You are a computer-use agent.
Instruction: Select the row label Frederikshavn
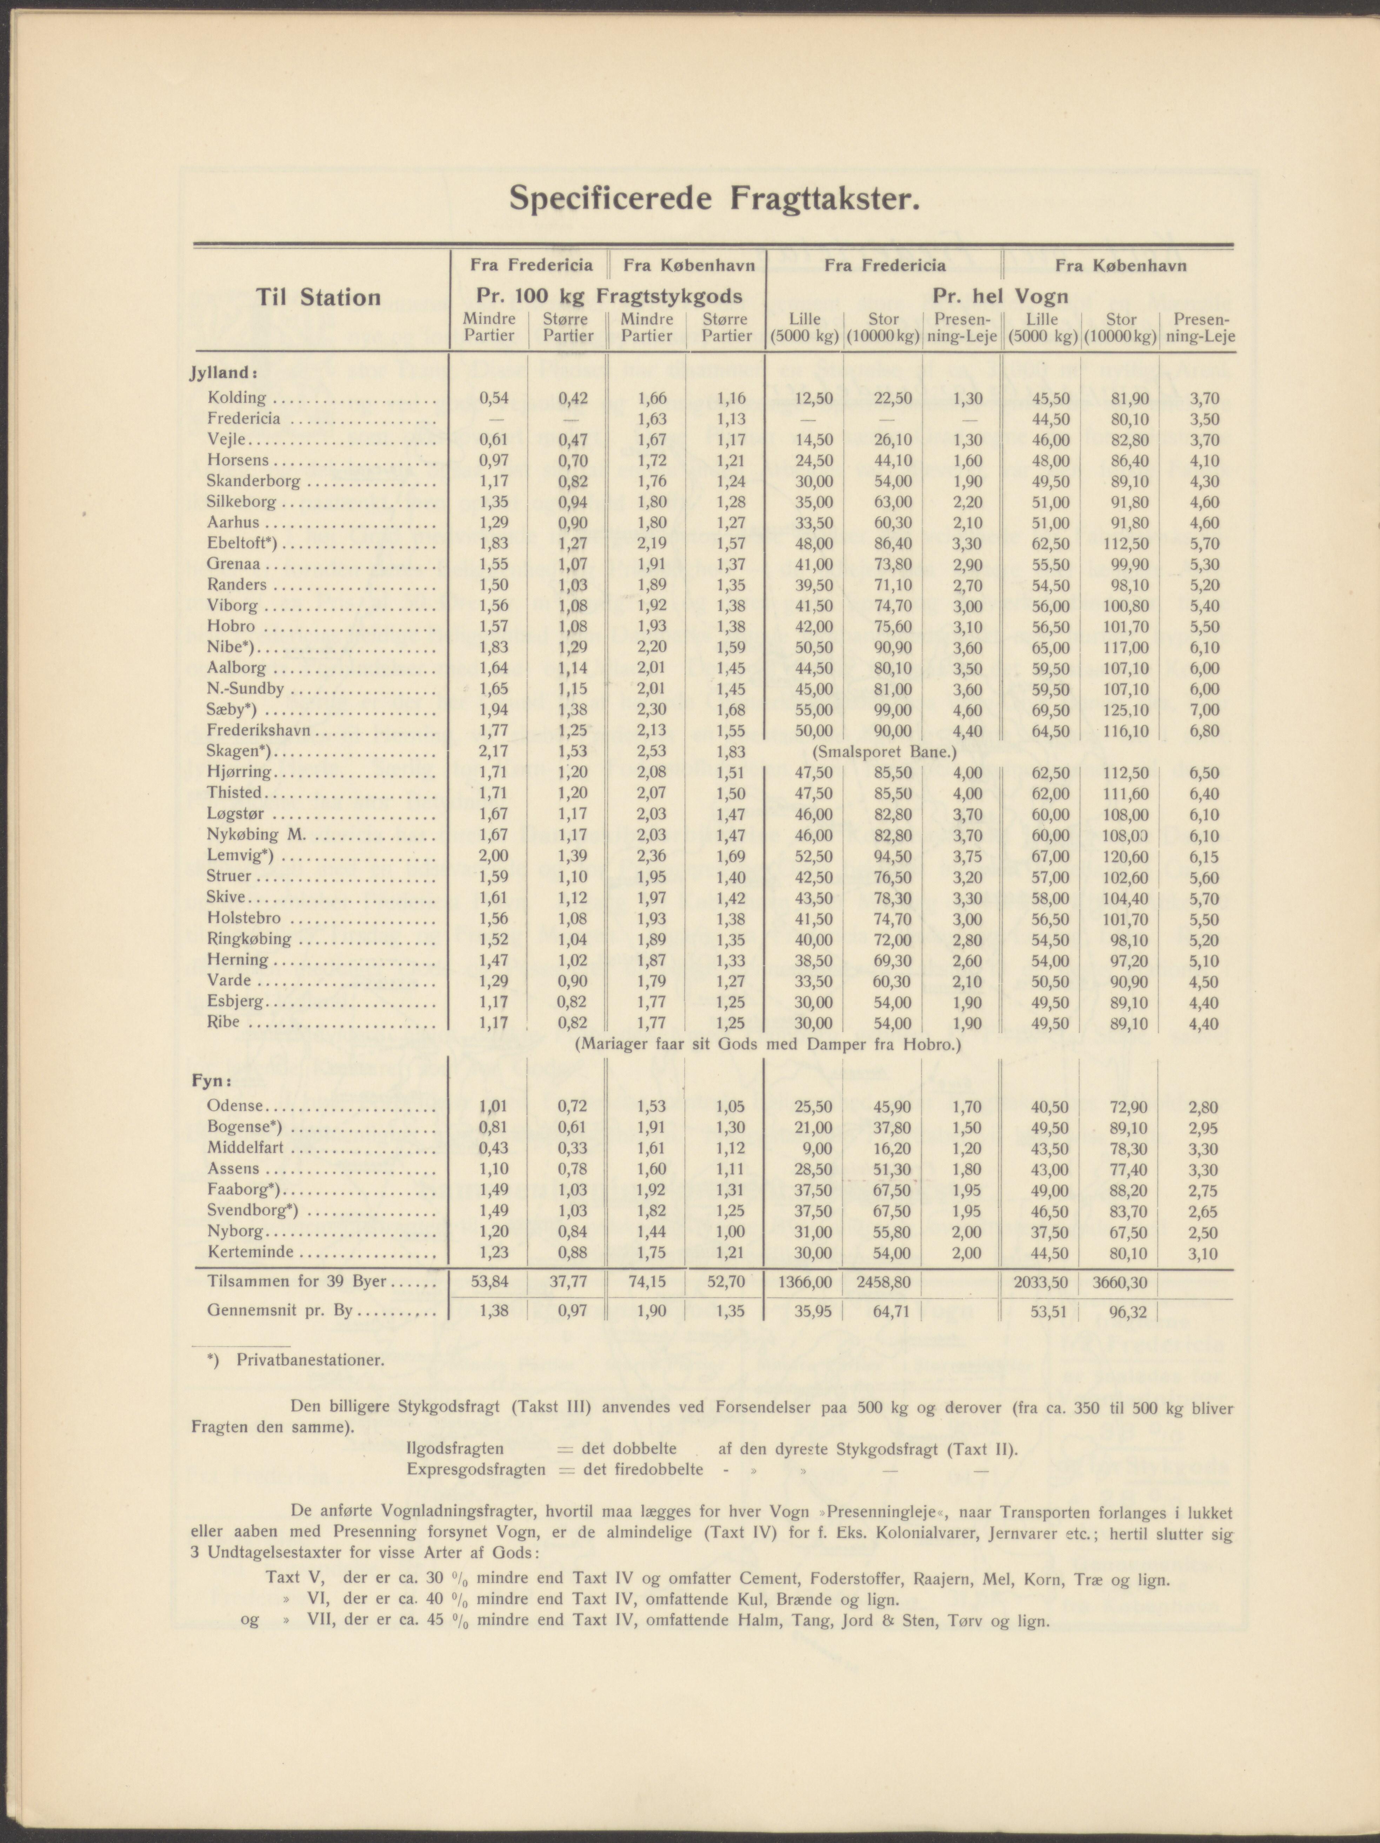pos(258,731)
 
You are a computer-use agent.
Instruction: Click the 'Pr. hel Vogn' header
pos(1000,297)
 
